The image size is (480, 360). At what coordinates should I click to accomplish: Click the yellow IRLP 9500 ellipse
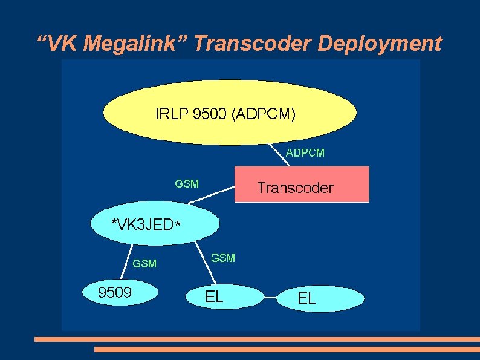click(x=230, y=113)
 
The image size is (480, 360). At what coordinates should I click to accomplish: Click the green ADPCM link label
click(x=305, y=153)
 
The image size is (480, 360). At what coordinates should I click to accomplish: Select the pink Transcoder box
click(x=301, y=185)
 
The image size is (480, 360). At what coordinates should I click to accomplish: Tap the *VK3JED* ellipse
click(x=153, y=224)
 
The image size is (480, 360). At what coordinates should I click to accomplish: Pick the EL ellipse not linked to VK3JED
click(x=321, y=298)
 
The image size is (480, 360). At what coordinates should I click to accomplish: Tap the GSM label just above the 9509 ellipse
click(x=144, y=264)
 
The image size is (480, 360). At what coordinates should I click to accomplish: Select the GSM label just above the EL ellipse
click(x=223, y=258)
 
